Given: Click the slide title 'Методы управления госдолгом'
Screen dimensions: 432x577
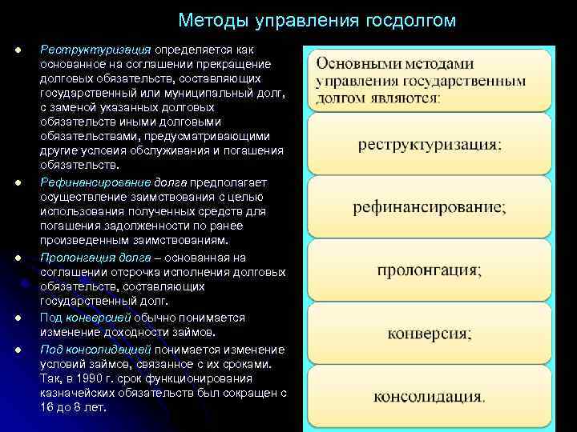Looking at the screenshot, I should point(317,20).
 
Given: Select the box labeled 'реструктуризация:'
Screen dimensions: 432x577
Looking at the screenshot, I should point(430,145).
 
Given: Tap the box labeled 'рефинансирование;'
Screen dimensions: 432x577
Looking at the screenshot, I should point(430,207).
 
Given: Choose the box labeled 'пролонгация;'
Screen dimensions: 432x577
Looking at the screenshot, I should point(430,270).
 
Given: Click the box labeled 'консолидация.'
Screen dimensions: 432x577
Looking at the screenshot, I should point(430,395).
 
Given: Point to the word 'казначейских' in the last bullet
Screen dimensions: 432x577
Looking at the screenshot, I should point(76,394).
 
